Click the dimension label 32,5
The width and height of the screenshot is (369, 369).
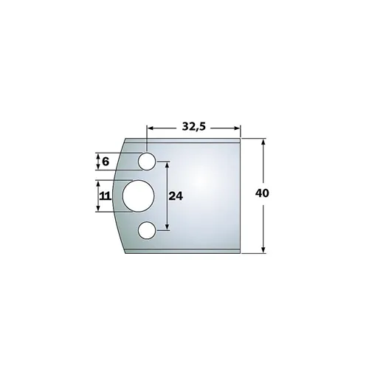tap(193, 125)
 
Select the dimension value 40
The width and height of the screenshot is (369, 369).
tap(261, 193)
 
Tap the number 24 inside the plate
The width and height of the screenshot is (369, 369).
tap(176, 196)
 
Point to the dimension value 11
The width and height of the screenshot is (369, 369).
tap(104, 196)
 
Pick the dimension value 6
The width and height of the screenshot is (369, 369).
tap(105, 161)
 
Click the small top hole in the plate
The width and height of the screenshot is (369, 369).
tap(148, 161)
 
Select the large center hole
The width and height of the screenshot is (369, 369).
tap(138, 197)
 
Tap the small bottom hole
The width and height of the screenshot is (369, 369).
tap(148, 231)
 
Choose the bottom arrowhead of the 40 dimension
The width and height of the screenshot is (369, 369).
tap(263, 250)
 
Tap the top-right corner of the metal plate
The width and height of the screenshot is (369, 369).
tap(241, 138)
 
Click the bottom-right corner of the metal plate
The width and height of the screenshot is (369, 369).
tap(241, 252)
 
